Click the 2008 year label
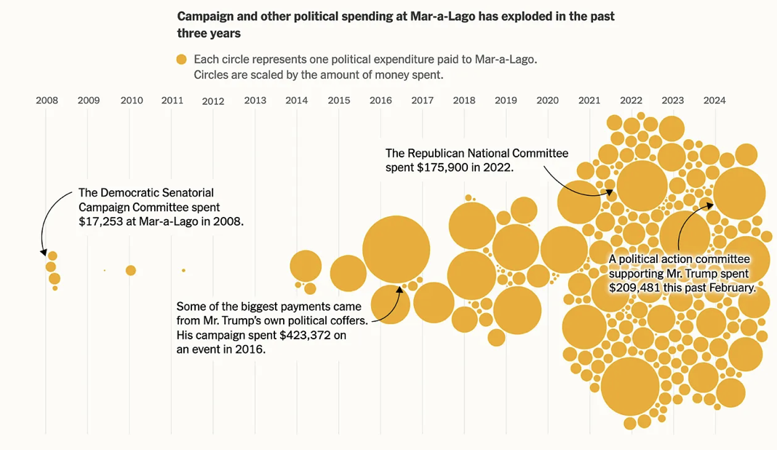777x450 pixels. (47, 100)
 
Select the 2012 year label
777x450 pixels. (213, 102)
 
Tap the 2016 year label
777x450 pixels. (380, 100)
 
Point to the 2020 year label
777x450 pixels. (547, 100)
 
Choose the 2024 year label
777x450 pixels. (714, 100)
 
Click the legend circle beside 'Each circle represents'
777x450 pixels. (181, 60)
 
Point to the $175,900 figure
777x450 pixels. (440, 167)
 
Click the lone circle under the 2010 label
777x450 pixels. (131, 270)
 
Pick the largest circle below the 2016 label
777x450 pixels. (395, 249)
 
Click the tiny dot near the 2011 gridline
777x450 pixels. (183, 270)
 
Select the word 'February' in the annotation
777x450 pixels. (732, 288)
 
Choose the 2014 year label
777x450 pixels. (297, 100)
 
